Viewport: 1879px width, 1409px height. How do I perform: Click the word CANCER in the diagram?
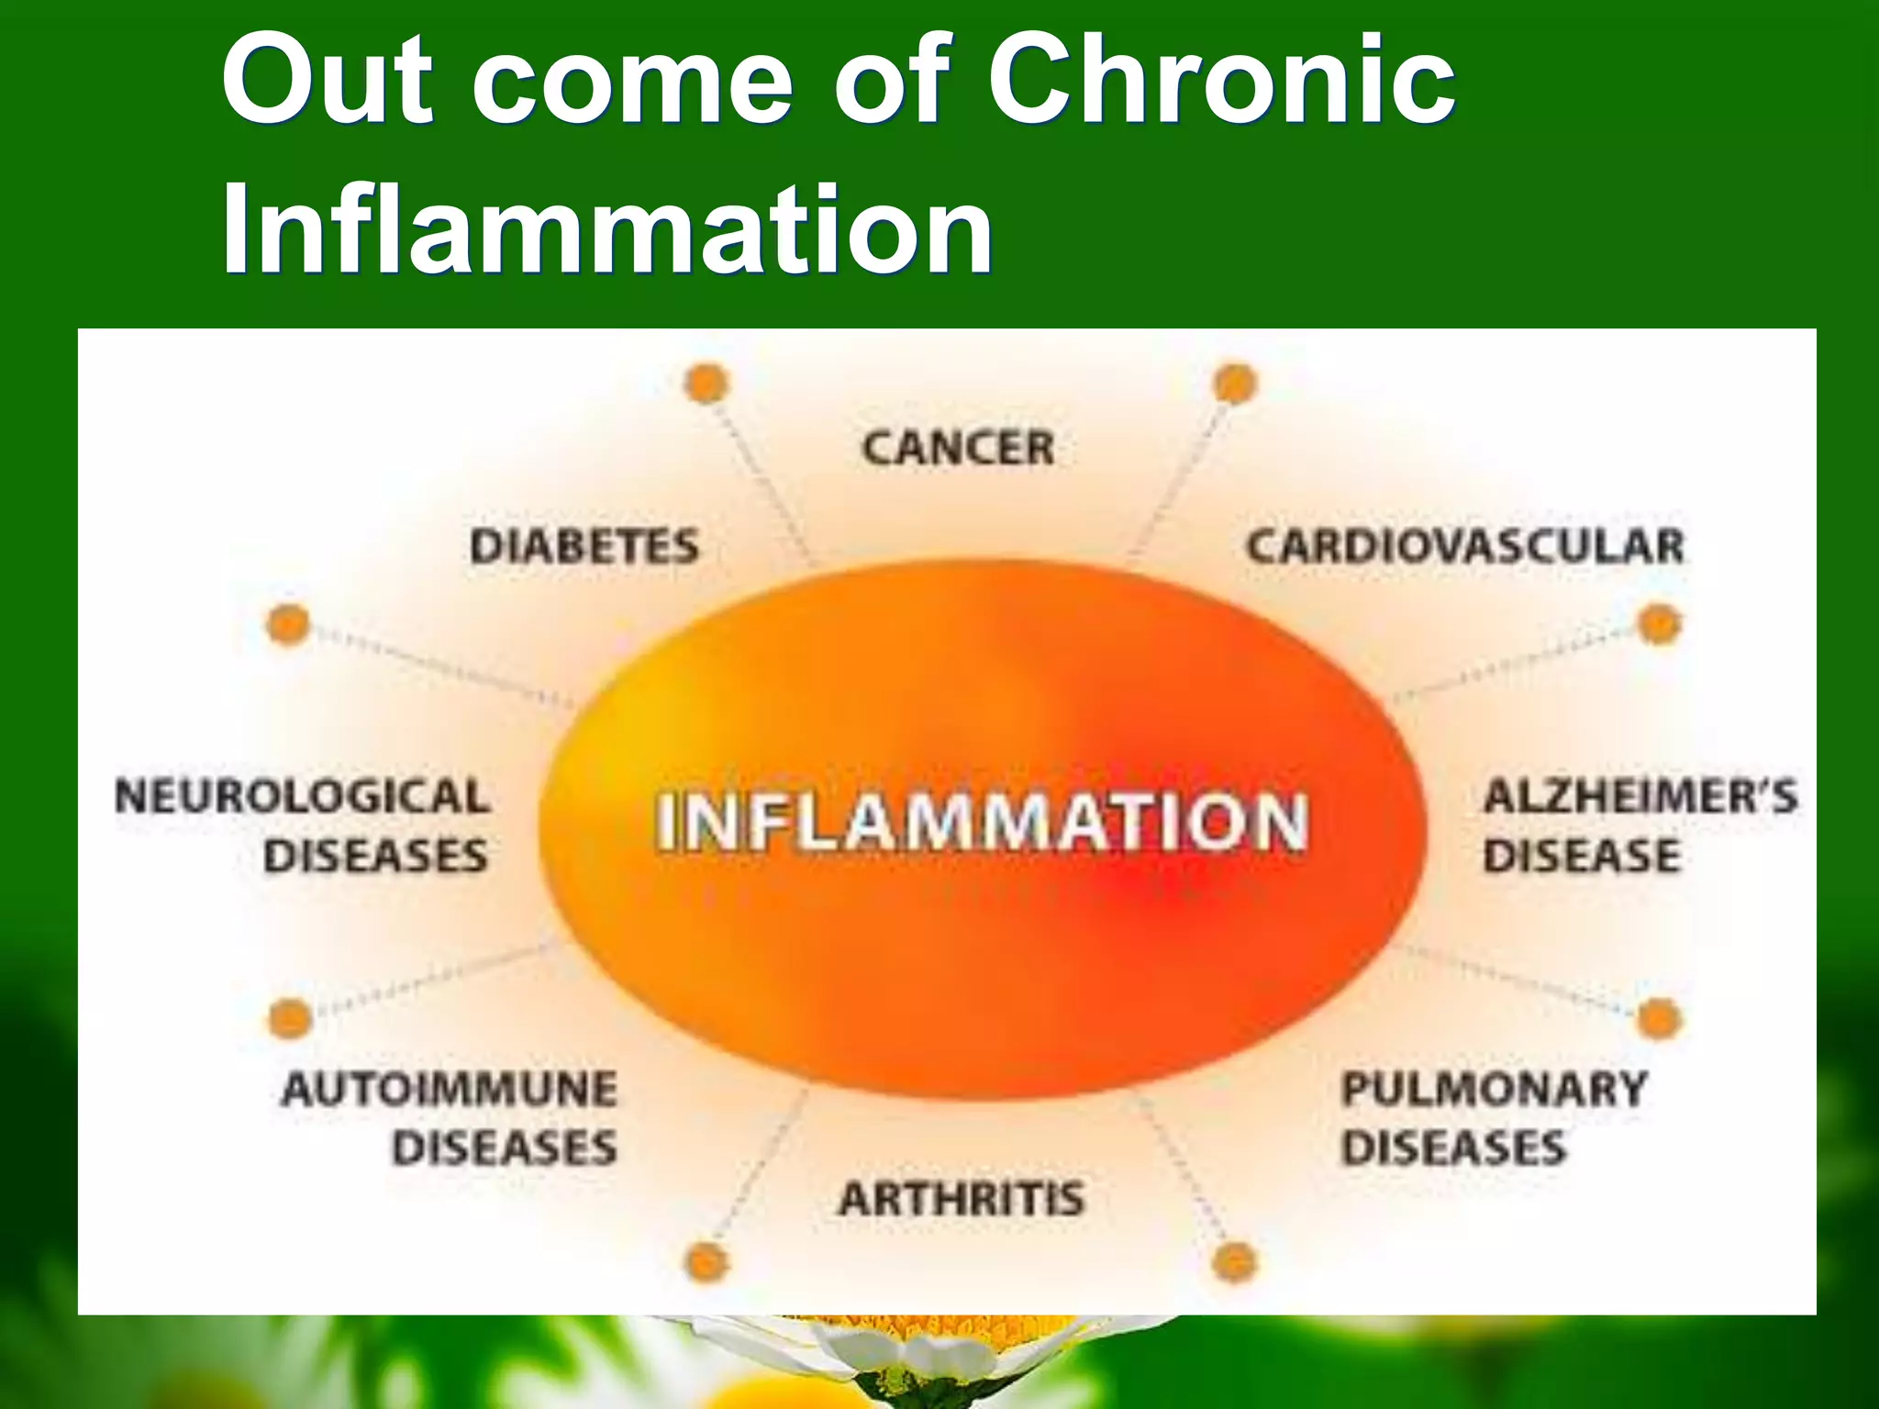tap(958, 449)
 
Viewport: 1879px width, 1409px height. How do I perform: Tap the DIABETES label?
tap(584, 548)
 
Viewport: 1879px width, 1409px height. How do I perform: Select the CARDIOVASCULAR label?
tap(1465, 547)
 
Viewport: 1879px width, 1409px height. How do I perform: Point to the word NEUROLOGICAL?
tap(303, 796)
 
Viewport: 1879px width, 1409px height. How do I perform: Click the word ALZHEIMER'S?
tap(1640, 796)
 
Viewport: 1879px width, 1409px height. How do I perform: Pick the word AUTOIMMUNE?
tap(450, 1090)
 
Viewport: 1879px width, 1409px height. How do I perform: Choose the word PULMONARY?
tap(1495, 1090)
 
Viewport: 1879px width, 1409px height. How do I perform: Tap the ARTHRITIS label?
tap(962, 1199)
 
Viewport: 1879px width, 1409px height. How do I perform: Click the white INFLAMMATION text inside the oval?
tap(982, 822)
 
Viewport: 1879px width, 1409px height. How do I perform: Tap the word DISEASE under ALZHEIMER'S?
tap(1582, 857)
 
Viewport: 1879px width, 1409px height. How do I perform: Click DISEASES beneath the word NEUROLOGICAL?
tap(375, 857)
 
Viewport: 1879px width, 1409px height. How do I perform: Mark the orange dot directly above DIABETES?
tap(706, 383)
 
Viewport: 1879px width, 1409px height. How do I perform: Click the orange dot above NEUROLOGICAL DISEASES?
tap(288, 625)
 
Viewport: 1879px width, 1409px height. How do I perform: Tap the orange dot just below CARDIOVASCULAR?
tap(1659, 625)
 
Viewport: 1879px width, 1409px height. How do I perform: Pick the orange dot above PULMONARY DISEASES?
tap(1659, 1019)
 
